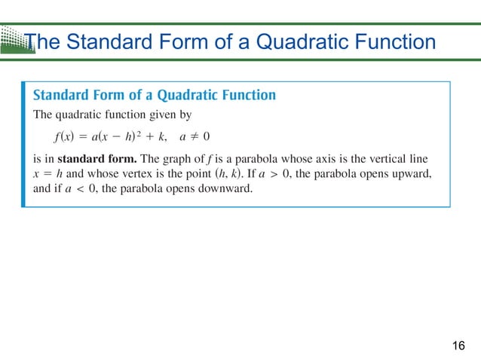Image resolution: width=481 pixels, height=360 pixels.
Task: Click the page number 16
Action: tap(458, 346)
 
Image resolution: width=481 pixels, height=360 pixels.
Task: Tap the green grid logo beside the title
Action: tap(14, 39)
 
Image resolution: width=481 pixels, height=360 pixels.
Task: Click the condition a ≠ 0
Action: tap(195, 137)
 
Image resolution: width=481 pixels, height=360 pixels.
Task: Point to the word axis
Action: tap(354, 160)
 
